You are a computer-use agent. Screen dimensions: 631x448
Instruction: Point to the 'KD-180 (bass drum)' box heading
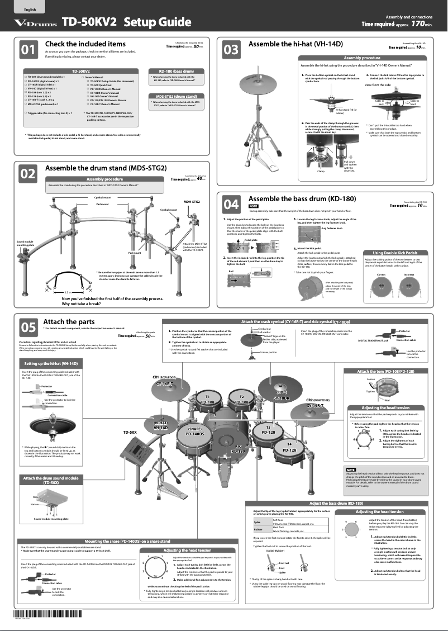(x=173, y=71)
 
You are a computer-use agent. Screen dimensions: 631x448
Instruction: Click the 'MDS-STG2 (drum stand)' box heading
(x=173, y=97)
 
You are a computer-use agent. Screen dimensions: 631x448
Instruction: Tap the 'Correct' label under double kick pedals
(x=381, y=275)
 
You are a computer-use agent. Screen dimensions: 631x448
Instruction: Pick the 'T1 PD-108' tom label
(x=207, y=400)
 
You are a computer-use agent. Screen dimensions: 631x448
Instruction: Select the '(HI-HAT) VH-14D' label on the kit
(x=161, y=425)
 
